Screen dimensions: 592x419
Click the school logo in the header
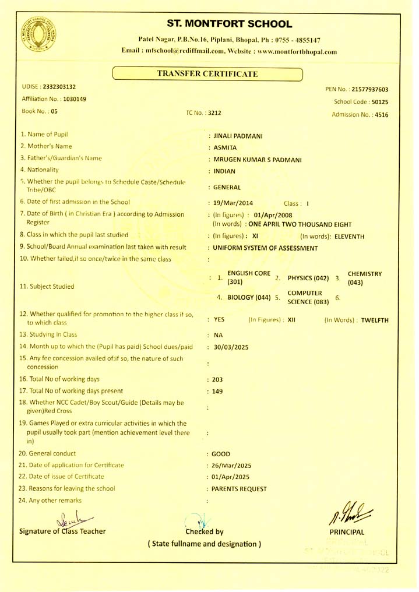(x=36, y=34)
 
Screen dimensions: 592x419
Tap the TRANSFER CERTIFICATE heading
(x=207, y=73)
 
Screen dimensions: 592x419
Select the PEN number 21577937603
(x=371, y=90)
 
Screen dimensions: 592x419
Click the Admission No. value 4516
(x=382, y=115)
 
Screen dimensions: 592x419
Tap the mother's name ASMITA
(x=226, y=148)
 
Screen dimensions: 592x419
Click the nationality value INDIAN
(x=224, y=171)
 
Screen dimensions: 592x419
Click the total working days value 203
(x=218, y=379)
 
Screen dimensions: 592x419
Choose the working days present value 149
(x=218, y=392)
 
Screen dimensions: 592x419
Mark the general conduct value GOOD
(x=221, y=453)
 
